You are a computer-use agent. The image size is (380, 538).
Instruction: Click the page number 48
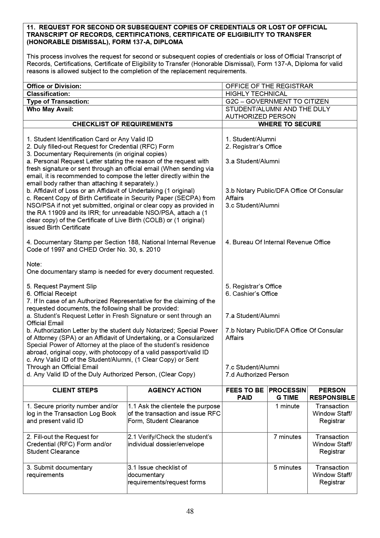(x=190, y=511)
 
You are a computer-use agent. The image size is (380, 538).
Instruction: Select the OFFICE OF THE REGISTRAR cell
(x=269, y=86)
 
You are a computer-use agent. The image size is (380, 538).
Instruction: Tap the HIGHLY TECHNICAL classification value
(x=256, y=94)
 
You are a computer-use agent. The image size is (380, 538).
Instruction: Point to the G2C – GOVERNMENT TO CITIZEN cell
(x=277, y=101)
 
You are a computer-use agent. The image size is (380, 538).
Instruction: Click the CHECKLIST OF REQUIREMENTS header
(x=122, y=124)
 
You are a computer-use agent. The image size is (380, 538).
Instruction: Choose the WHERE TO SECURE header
(x=289, y=124)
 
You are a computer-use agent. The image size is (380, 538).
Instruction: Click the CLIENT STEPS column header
(x=75, y=390)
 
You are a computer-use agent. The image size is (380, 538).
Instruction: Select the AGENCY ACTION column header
(x=174, y=390)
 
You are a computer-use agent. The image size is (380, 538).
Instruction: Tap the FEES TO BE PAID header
(x=245, y=394)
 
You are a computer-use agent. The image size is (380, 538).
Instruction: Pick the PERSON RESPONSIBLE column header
(x=332, y=394)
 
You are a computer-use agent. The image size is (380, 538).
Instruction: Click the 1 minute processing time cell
(x=287, y=406)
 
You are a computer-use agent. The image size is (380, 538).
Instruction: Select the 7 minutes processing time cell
(x=287, y=437)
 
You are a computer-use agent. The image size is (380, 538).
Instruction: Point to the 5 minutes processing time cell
(x=287, y=467)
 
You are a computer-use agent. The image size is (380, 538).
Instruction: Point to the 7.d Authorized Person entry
(x=257, y=375)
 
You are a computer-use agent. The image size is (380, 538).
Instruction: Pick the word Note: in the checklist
(x=34, y=264)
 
